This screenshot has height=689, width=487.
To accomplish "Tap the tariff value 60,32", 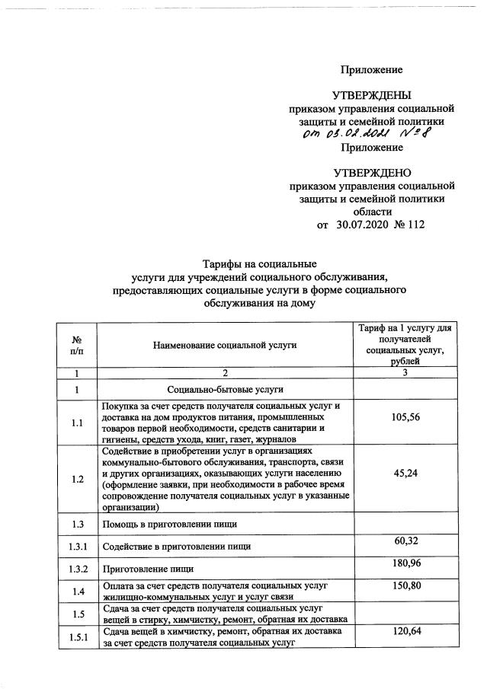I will click(405, 540).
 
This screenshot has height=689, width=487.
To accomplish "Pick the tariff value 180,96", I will click(405, 563).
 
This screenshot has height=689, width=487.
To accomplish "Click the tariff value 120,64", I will click(405, 631).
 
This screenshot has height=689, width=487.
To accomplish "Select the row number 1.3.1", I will click(76, 546).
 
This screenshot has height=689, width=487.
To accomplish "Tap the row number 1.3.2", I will click(76, 569).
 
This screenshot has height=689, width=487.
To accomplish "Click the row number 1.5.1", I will click(76, 636).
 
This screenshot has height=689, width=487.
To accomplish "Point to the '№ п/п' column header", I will click(76, 345).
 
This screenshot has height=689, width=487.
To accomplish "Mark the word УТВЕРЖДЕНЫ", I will click(371, 95).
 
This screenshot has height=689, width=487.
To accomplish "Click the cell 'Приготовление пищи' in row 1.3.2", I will click(146, 569).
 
